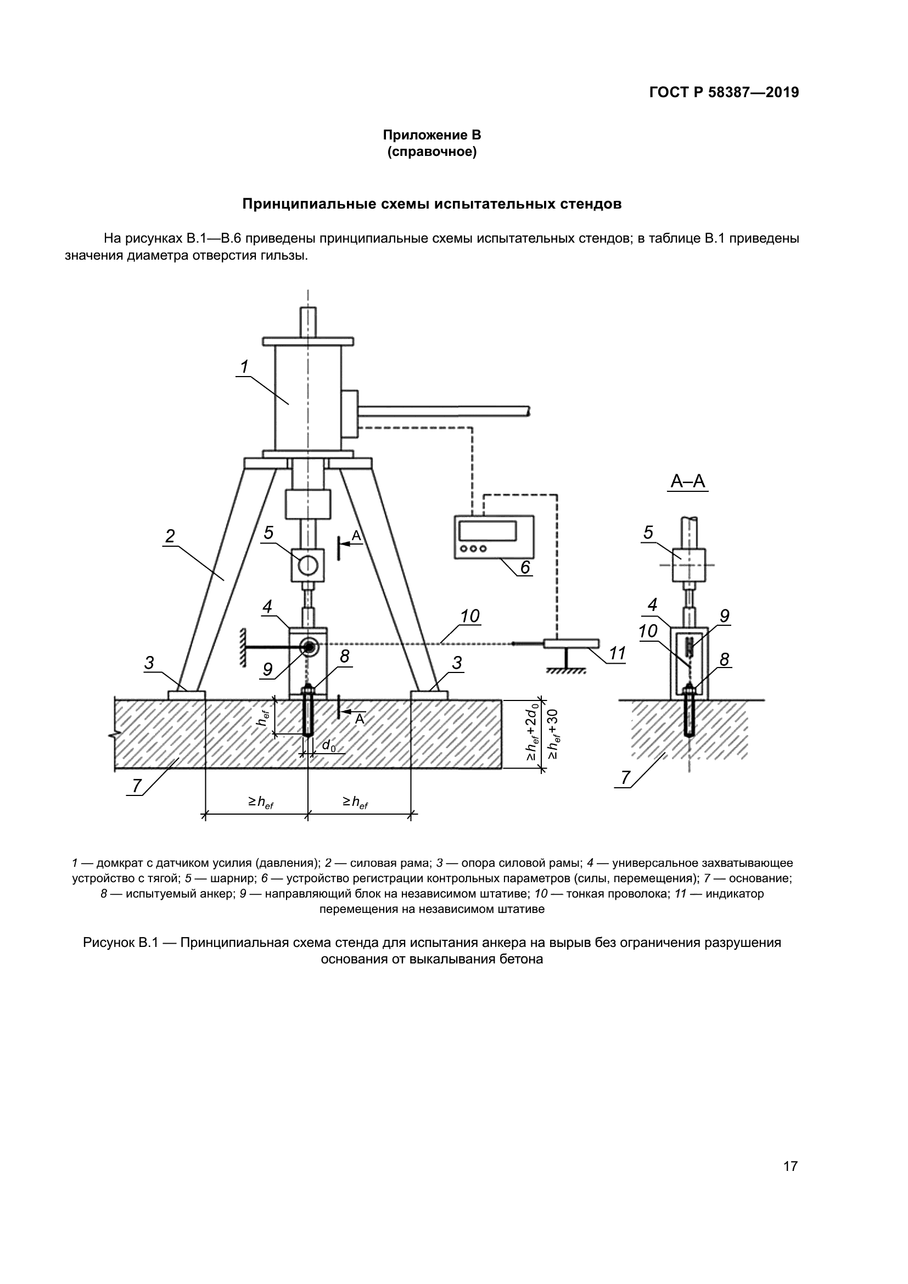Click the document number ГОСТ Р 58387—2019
point(724,93)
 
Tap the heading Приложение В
point(431,135)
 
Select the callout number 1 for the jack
point(244,367)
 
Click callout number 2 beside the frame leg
point(170,536)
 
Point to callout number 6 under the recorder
point(525,567)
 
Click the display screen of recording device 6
point(487,530)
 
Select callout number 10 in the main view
point(470,616)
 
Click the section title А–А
point(688,481)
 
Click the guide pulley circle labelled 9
point(308,647)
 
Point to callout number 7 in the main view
point(137,786)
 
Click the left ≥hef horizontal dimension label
point(261,803)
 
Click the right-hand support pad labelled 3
point(429,695)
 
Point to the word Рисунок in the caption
point(110,943)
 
